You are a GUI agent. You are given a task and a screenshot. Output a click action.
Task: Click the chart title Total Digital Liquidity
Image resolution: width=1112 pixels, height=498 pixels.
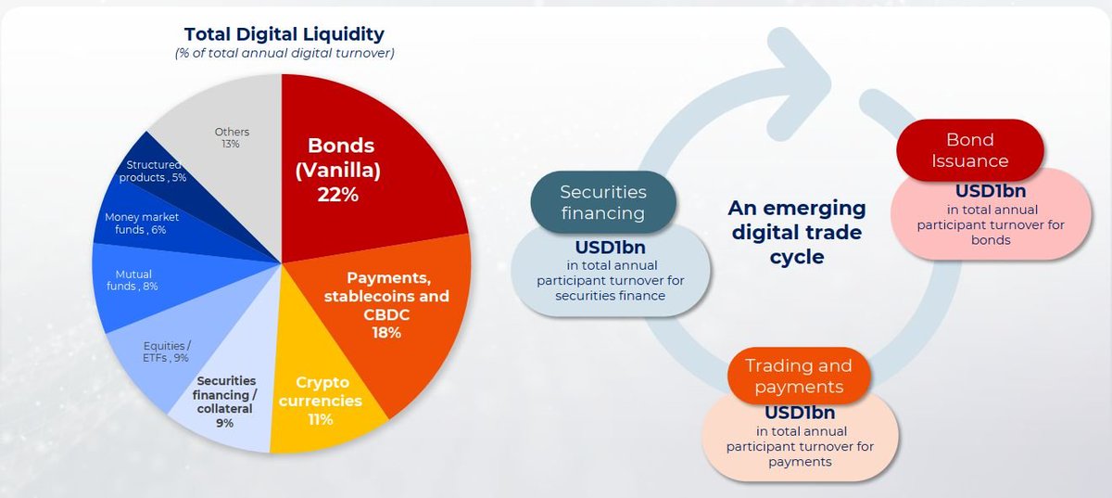[x=284, y=34]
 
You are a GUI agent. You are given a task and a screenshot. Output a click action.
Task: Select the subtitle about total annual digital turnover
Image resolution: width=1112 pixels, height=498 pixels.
[x=284, y=54]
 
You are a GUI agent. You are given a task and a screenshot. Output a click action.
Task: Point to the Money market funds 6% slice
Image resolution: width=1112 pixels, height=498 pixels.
[x=139, y=223]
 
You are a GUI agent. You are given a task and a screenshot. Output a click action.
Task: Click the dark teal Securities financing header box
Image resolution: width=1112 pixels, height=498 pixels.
[x=603, y=201]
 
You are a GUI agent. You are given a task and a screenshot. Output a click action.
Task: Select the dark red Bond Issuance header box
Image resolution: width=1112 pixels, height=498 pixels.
[x=969, y=150]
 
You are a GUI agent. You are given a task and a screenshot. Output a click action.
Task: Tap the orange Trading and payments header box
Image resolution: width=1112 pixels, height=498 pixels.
[x=798, y=376]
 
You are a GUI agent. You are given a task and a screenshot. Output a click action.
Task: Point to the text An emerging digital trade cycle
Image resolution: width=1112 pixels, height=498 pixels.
[x=796, y=231]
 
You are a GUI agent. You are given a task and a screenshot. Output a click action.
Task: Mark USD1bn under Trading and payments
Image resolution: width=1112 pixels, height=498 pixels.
[x=801, y=412]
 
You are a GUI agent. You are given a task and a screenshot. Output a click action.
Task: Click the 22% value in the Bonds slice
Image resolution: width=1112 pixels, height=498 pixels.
[x=338, y=195]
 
